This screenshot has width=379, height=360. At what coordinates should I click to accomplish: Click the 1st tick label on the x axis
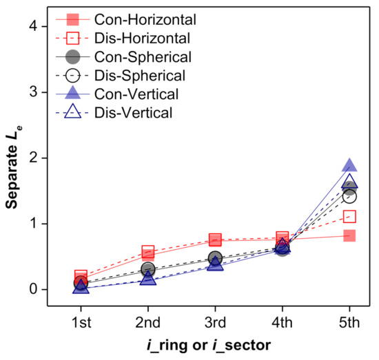pyautogui.click(x=81, y=322)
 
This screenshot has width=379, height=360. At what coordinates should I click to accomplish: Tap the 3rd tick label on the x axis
pyautogui.click(x=215, y=322)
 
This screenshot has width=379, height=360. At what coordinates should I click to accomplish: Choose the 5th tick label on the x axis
pyautogui.click(x=349, y=322)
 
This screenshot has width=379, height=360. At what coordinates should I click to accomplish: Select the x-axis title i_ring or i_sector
pyautogui.click(x=215, y=345)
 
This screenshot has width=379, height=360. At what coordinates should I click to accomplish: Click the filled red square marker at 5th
pyautogui.click(x=349, y=235)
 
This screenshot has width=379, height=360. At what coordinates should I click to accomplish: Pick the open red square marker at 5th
pyautogui.click(x=349, y=217)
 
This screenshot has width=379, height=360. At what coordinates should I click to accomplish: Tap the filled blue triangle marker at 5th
pyautogui.click(x=349, y=166)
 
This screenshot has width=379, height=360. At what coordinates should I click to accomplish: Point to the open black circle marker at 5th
pyautogui.click(x=349, y=197)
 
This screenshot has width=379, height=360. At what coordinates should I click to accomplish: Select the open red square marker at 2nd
pyautogui.click(x=148, y=252)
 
